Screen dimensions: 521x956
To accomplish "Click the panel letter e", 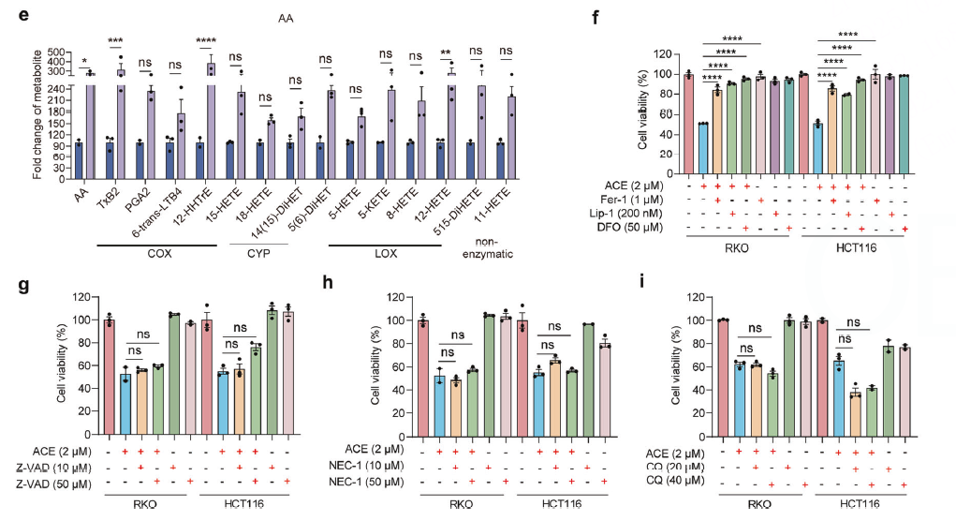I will [16, 15].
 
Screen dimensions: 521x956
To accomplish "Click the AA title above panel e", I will [287, 17].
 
